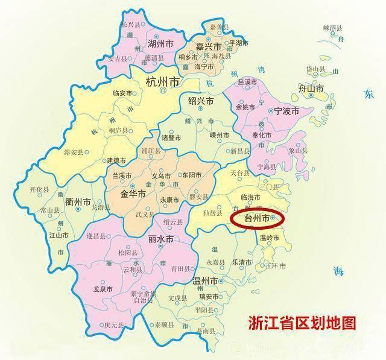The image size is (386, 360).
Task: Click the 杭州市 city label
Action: (162, 81)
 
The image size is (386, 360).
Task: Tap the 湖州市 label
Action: (162, 43)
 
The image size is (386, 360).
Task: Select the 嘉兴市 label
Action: (209, 46)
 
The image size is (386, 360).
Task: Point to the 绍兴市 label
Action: (201, 101)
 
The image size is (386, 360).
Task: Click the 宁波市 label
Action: (286, 111)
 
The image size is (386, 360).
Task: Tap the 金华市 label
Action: (134, 194)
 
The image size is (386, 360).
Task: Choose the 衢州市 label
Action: (78, 201)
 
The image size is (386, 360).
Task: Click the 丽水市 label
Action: (161, 239)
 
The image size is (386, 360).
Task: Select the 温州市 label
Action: (204, 281)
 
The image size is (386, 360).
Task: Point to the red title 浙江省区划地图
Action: (302, 323)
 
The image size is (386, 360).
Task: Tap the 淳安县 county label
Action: (75, 153)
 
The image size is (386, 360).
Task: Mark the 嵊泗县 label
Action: (332, 28)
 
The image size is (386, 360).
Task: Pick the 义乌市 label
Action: (162, 176)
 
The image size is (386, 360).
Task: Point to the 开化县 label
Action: (39, 189)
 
